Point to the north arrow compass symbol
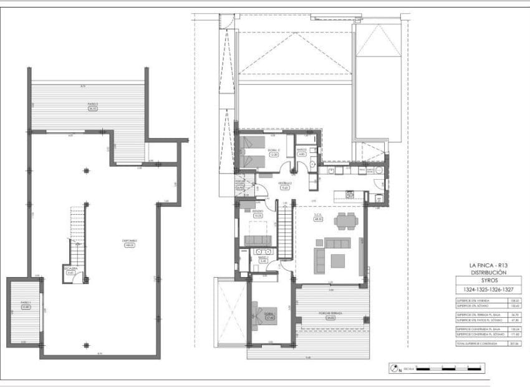coord(395,369)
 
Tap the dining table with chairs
coord(345,220)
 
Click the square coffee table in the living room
coord(338,259)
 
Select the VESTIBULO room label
coord(285,185)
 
